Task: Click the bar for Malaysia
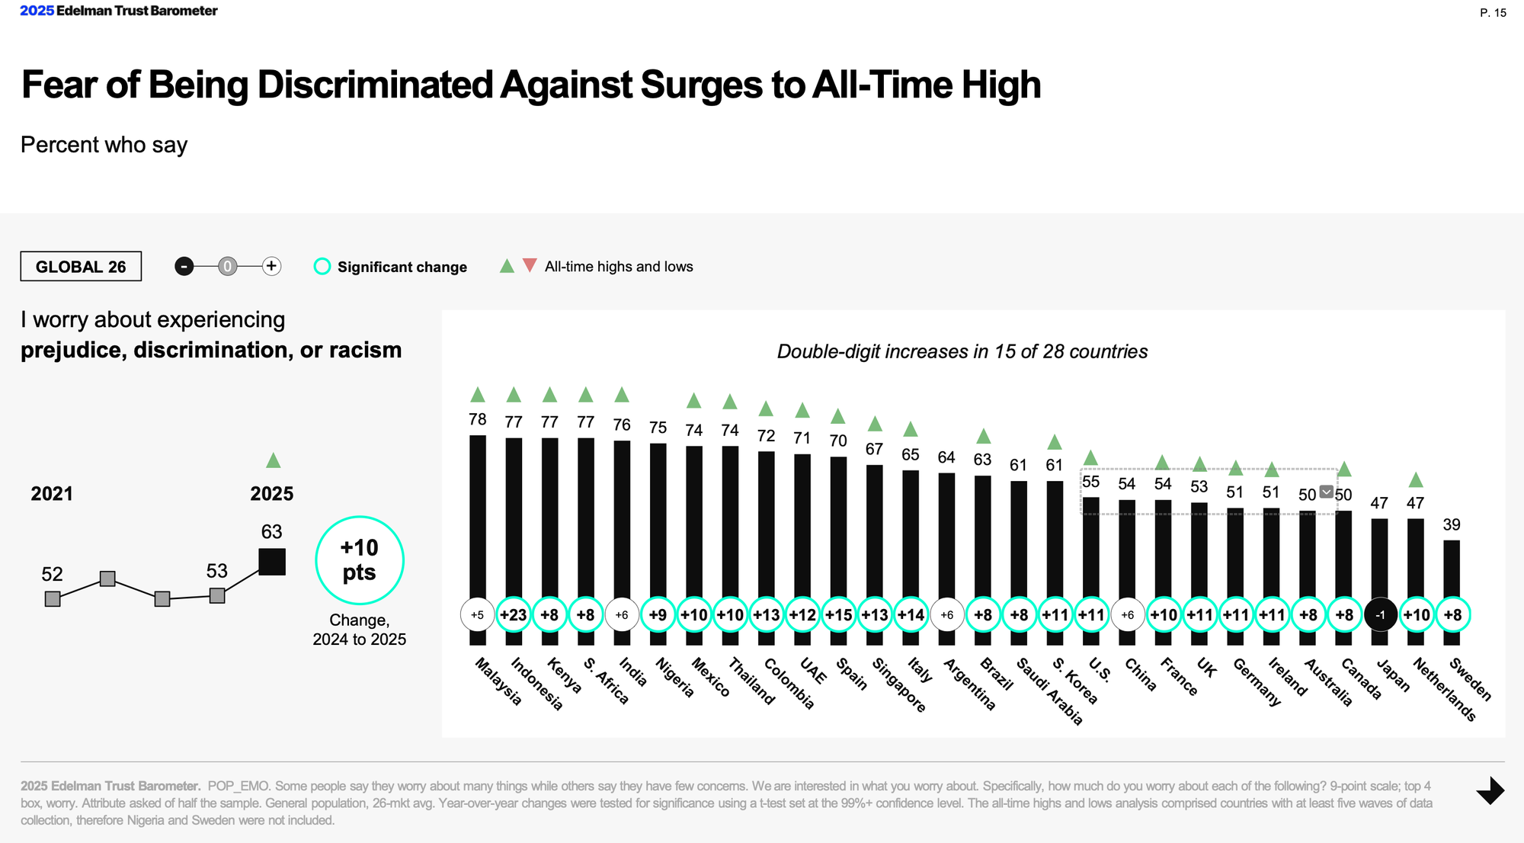click(x=478, y=518)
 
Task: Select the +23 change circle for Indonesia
click(x=514, y=615)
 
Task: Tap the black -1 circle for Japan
click(x=1380, y=615)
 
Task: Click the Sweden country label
click(x=1470, y=678)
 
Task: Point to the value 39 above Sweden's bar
click(x=1452, y=524)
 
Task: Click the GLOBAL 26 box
click(x=81, y=267)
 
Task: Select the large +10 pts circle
click(x=359, y=560)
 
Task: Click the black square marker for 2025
click(x=272, y=562)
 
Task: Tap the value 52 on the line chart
click(x=52, y=574)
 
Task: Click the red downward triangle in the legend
click(x=530, y=265)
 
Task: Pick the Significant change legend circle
click(x=322, y=267)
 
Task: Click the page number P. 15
click(x=1493, y=13)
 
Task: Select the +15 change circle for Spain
click(x=838, y=615)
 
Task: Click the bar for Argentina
click(x=946, y=534)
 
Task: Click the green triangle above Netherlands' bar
click(x=1416, y=480)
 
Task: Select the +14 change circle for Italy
click(x=911, y=615)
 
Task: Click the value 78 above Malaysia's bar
click(x=478, y=419)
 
